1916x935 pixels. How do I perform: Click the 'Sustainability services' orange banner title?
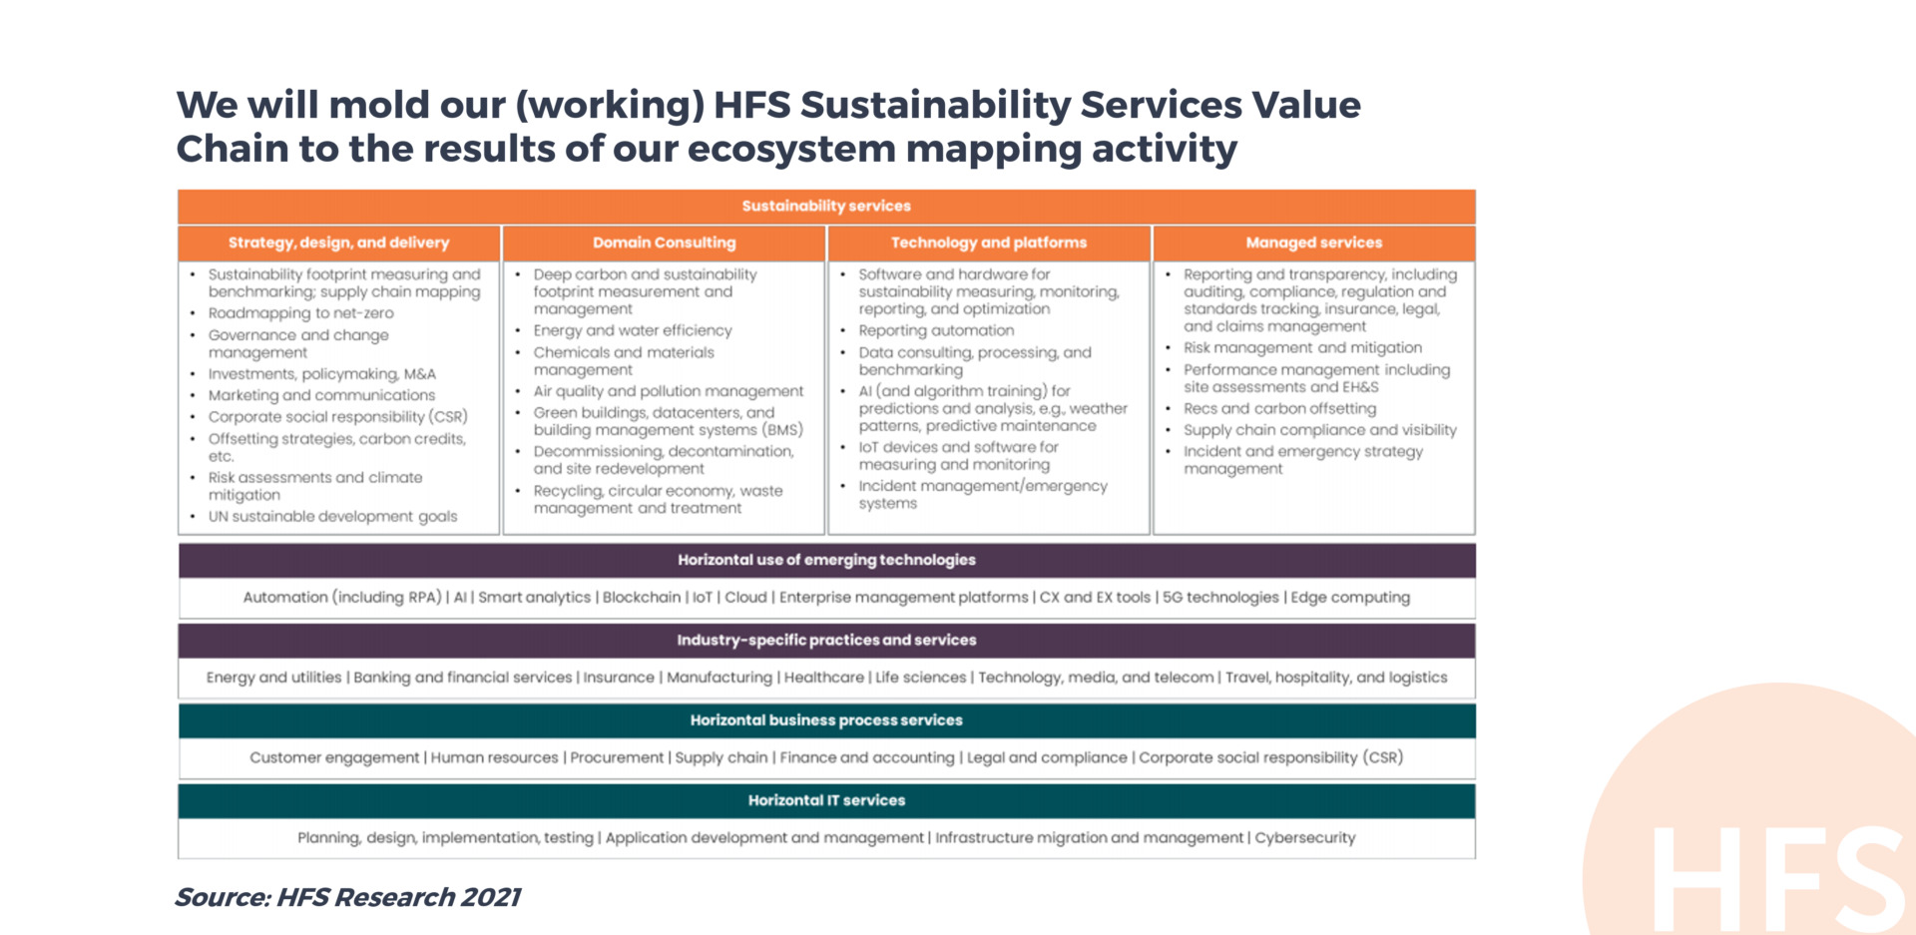point(826,206)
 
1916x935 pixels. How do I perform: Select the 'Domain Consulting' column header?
point(664,242)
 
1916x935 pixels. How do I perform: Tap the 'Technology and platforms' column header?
point(989,242)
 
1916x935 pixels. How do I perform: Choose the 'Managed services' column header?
point(1314,242)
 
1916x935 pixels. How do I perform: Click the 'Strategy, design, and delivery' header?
point(338,242)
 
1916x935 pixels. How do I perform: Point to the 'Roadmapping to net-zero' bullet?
point(301,313)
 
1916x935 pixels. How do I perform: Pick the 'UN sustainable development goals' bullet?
point(332,516)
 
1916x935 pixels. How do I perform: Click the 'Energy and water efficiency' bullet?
point(633,330)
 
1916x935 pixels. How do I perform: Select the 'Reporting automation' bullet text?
point(936,330)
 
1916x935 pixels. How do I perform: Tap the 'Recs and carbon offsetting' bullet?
point(1280,408)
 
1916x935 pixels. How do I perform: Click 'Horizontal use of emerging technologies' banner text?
point(826,560)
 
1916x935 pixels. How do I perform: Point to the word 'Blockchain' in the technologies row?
point(642,597)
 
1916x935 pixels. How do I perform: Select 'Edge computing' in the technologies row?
point(1350,597)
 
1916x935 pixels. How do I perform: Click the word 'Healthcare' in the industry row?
point(824,677)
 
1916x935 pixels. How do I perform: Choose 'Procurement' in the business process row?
point(617,757)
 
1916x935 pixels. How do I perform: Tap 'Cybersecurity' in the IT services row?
point(1305,837)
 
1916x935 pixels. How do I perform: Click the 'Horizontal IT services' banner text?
point(826,800)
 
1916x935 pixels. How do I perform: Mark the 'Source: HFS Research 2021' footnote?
point(348,897)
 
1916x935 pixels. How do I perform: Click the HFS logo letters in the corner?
point(1780,878)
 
